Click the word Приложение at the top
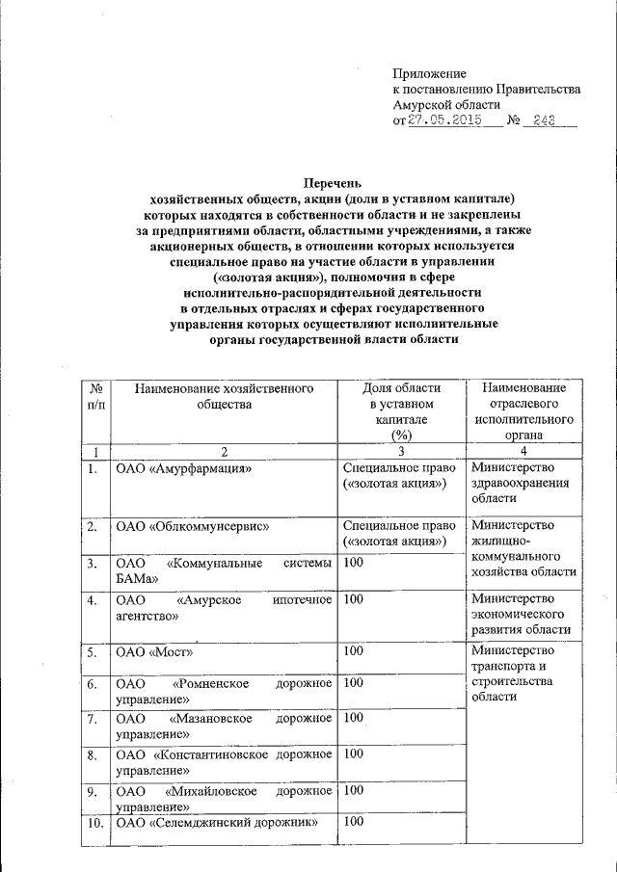coord(429,73)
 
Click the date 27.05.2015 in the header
coord(444,121)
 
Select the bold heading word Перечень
coord(334,182)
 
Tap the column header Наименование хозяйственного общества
coord(225,396)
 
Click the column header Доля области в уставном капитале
coord(401,411)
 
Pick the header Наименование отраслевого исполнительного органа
coord(524,411)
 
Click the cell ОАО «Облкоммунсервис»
coord(191,527)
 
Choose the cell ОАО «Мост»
coord(154,652)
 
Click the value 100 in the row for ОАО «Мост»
coord(353,652)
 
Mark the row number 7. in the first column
coord(91,719)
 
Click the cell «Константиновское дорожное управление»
coord(224,762)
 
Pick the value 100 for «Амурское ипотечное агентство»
coord(353,599)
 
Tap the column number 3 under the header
coord(401,452)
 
